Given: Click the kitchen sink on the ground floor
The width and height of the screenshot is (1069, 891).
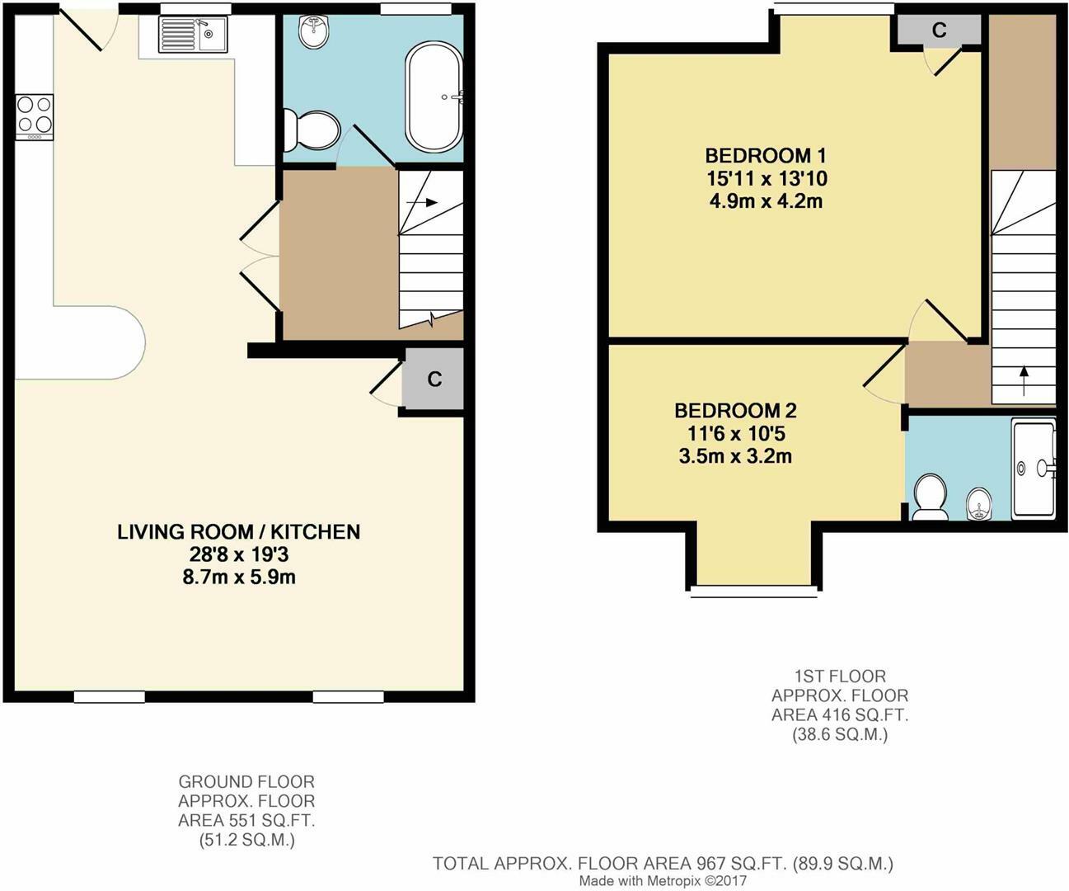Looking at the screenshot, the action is click(193, 35).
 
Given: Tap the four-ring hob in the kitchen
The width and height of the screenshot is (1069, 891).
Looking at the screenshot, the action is click(35, 117).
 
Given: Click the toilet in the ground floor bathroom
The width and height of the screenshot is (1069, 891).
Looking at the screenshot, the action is click(312, 130).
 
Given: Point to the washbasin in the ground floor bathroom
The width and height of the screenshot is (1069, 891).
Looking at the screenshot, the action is click(314, 31).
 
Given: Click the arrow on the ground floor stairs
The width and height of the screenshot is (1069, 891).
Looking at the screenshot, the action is click(422, 202).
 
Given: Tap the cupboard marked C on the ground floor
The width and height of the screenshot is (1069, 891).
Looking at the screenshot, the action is click(434, 379).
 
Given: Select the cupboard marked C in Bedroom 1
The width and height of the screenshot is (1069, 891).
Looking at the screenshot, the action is click(939, 31).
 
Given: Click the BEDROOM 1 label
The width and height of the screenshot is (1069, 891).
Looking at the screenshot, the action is click(766, 155).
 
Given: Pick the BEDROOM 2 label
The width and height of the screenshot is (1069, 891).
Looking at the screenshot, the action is click(735, 411).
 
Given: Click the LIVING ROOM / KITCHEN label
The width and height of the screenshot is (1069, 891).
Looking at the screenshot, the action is click(238, 532).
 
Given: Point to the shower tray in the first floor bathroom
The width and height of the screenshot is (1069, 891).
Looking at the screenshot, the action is click(1034, 469).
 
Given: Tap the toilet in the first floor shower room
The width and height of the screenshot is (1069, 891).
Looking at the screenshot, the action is click(930, 497).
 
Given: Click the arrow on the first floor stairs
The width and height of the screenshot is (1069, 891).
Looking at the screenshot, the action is click(1024, 380).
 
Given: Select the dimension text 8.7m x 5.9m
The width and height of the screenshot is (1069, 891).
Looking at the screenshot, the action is click(239, 577).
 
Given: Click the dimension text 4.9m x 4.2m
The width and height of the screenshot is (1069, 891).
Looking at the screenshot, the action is click(766, 200).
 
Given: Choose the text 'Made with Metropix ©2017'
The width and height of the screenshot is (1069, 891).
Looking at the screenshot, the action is click(663, 881).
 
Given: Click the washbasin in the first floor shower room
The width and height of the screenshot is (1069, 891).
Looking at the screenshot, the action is click(978, 504).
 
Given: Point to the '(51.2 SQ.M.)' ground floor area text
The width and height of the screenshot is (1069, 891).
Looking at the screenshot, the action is click(246, 841).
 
